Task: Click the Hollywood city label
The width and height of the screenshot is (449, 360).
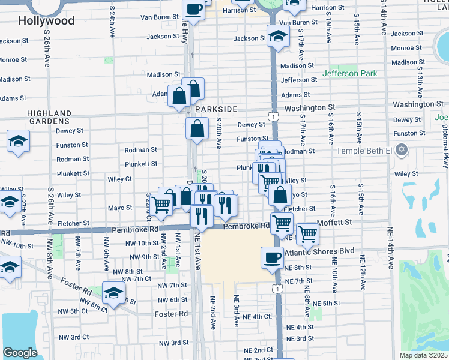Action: pos(46,21)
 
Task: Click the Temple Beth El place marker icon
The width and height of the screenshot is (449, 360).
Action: pos(402,149)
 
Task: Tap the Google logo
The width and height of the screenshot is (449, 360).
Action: pos(20,353)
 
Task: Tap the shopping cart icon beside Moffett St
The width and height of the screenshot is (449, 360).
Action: pos(307,233)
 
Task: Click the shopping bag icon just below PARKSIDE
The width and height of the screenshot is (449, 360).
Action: pos(197,128)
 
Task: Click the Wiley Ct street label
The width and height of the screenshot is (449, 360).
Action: pos(120,179)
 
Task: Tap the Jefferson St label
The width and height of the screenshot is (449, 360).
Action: pos(298,80)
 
